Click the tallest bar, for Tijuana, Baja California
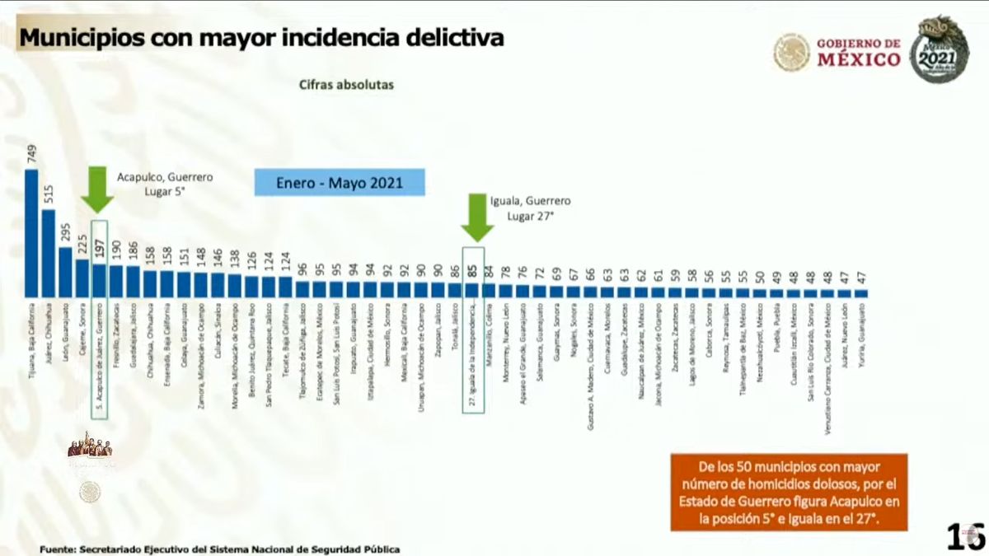coord(32,233)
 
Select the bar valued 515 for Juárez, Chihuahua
coord(49,253)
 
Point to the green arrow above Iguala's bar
coord(476,216)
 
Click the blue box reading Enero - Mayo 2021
coord(340,183)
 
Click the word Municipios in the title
coord(79,38)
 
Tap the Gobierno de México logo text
coord(859,52)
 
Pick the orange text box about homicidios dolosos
coord(789,492)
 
